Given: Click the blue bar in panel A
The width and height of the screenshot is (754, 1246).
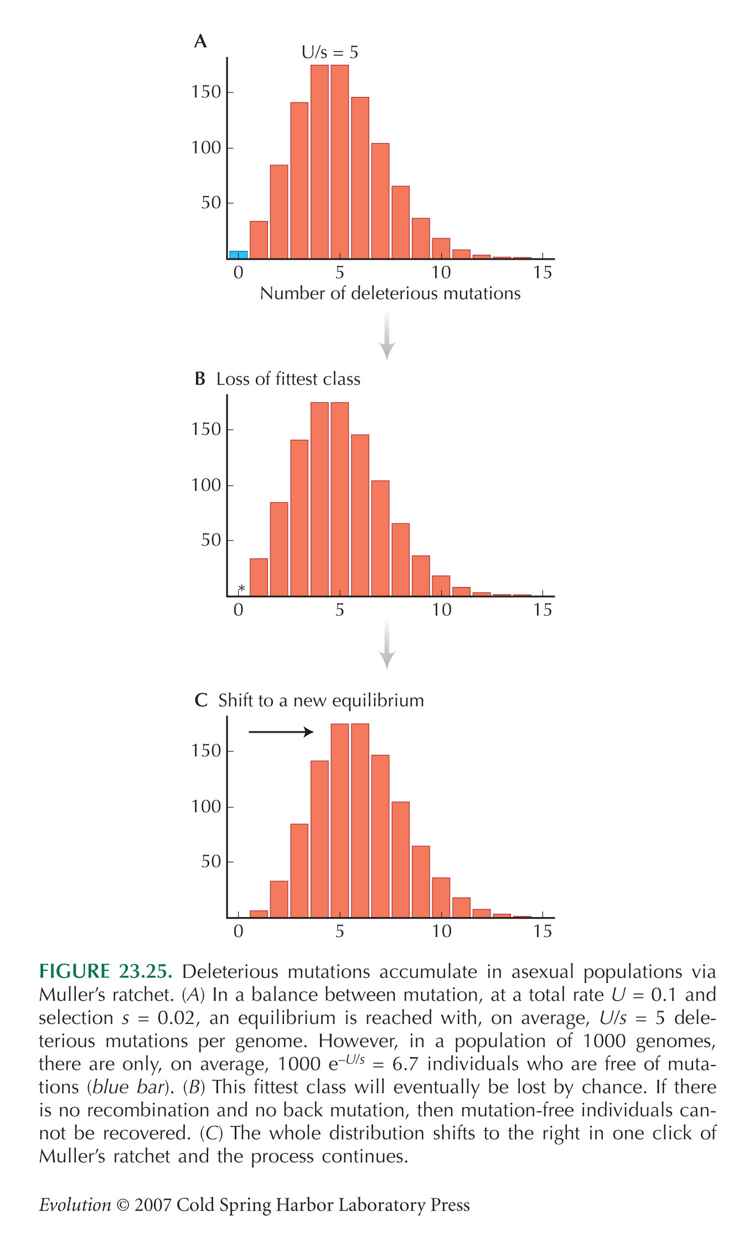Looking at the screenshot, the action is pos(239,255).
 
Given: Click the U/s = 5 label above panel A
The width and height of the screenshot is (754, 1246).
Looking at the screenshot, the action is pos(330,53).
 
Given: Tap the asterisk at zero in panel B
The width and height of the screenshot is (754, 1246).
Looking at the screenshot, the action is pos(241,589).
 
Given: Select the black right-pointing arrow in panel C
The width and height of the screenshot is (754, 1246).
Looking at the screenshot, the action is pos(281,732).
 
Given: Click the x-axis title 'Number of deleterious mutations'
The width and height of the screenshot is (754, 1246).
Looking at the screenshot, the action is pos(390,293).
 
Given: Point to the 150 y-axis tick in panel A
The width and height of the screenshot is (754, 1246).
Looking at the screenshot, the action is pos(206,91).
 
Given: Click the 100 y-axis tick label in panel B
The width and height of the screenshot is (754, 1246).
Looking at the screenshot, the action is pos(206,485).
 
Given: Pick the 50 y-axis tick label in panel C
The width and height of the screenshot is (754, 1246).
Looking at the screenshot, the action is pos(211,861).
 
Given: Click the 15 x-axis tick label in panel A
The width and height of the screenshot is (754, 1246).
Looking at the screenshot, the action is pos(543,272).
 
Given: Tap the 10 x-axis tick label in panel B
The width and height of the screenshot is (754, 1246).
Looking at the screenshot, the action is pos(441,610).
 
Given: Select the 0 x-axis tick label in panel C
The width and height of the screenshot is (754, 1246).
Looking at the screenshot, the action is pos(239,931).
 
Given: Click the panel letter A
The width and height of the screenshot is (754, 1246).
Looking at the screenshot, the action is pos(200,41).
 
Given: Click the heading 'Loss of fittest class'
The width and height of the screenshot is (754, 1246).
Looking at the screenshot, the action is pos(288,379).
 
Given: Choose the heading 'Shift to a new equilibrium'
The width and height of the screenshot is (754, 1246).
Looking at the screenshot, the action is pos(321,701).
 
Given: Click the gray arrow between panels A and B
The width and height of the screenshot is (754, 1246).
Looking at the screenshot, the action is pos(387,336).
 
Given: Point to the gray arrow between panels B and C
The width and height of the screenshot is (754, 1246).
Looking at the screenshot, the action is pos(387,645).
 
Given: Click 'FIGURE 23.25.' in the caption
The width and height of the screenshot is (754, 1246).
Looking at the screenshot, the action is pos(106,972).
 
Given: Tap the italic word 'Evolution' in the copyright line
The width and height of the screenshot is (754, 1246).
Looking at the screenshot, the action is pos(75,1205).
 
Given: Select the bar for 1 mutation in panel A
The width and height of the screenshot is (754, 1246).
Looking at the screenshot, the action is pos(259,240).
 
